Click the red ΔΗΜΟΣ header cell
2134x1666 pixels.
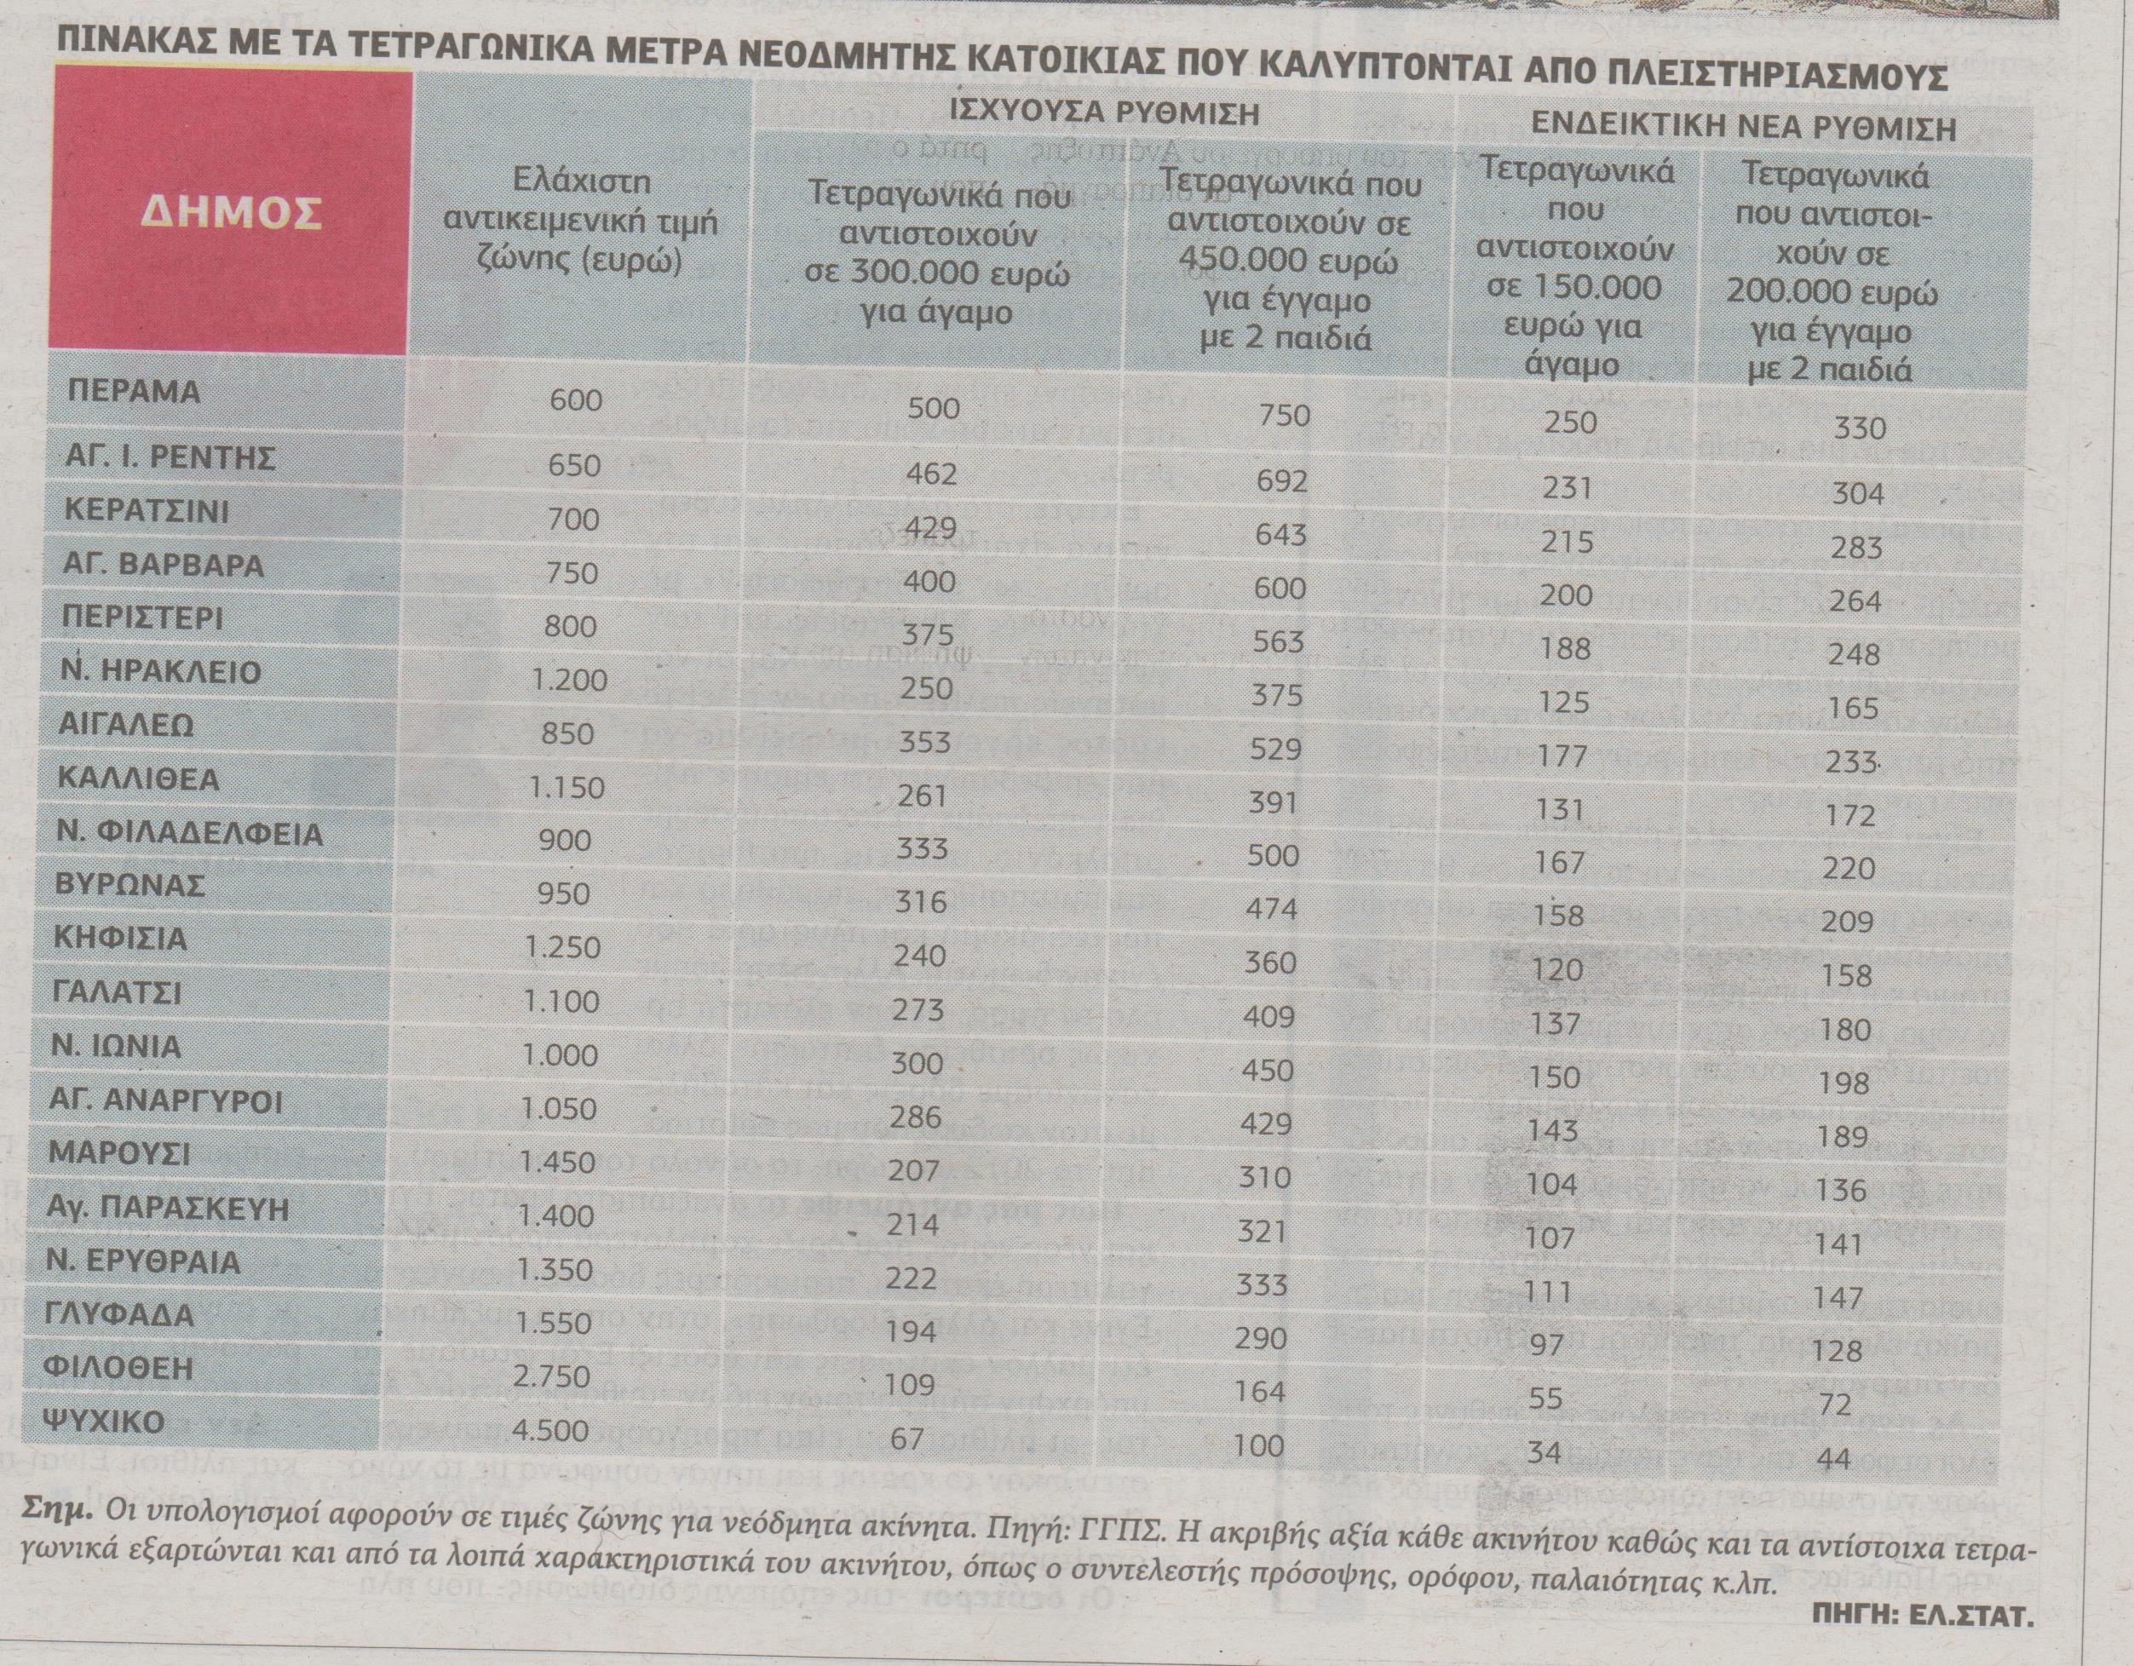click(x=231, y=212)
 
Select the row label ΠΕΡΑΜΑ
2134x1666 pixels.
click(x=134, y=391)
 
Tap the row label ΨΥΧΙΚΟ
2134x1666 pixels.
click(x=106, y=1421)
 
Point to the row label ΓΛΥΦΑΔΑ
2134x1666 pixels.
click(x=120, y=1314)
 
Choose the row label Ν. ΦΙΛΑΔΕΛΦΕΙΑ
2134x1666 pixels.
click(x=190, y=834)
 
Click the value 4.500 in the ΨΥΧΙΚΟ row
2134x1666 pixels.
click(x=550, y=1431)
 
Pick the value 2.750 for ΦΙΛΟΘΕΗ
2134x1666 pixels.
click(x=552, y=1376)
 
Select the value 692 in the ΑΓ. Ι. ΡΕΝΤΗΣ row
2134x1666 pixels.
click(x=1282, y=480)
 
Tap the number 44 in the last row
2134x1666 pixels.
click(x=1834, y=1460)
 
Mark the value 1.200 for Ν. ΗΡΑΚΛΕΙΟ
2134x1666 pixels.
click(x=569, y=679)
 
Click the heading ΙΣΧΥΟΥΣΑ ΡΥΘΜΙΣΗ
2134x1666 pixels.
click(x=1104, y=113)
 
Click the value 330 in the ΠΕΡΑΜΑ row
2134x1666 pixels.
click(x=1860, y=428)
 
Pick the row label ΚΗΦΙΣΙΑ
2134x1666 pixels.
click(x=121, y=939)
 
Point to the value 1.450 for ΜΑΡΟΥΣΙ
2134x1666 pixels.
click(x=557, y=1162)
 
